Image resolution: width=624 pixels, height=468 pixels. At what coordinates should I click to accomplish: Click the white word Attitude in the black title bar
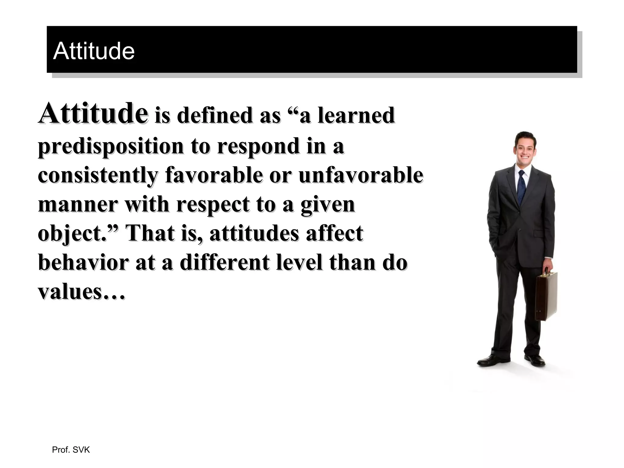click(x=94, y=51)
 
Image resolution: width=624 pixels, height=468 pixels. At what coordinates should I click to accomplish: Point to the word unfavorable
click(x=361, y=175)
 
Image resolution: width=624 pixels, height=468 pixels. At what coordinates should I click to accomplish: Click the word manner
click(x=78, y=204)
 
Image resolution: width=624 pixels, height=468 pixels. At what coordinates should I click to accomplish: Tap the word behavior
click(x=83, y=262)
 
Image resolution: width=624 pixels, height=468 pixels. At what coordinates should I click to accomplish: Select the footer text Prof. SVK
click(x=71, y=450)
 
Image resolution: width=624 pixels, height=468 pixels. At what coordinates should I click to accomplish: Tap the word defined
click(x=215, y=115)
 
